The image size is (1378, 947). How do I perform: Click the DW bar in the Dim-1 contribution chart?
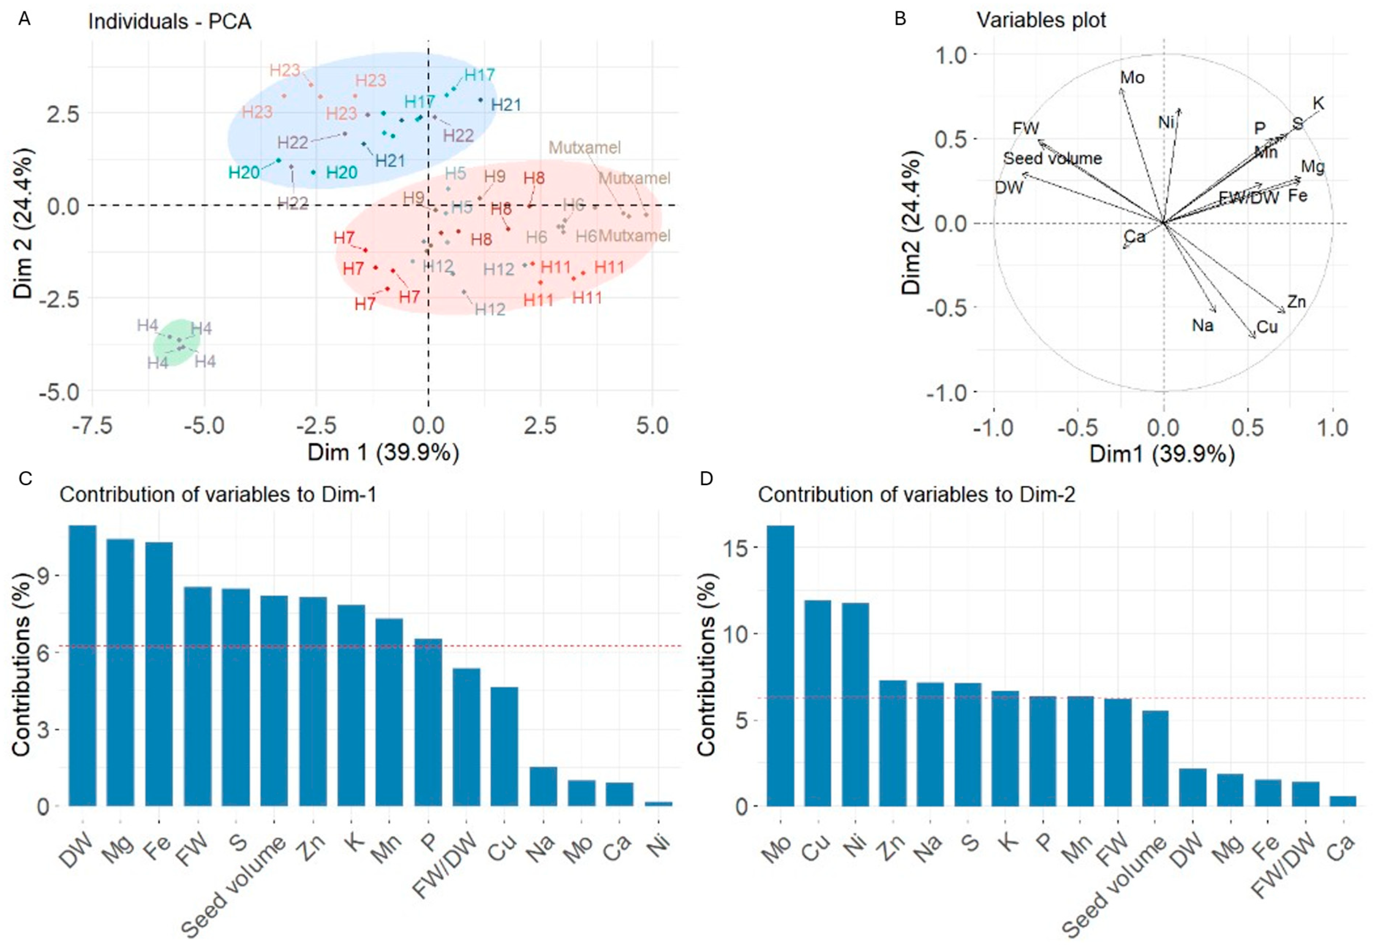[83, 665]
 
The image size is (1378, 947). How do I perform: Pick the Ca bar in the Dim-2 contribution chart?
[1343, 801]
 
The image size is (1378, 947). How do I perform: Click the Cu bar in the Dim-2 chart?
[818, 703]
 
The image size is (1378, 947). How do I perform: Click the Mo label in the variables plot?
[1132, 78]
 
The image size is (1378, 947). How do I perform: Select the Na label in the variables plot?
[1202, 325]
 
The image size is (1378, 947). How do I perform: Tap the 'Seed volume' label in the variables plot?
[1052, 158]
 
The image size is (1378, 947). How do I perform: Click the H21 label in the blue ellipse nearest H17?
[506, 105]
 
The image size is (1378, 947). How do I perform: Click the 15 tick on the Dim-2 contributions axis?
[734, 548]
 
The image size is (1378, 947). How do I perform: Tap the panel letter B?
[900, 19]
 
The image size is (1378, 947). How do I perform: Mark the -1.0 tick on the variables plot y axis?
[946, 392]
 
